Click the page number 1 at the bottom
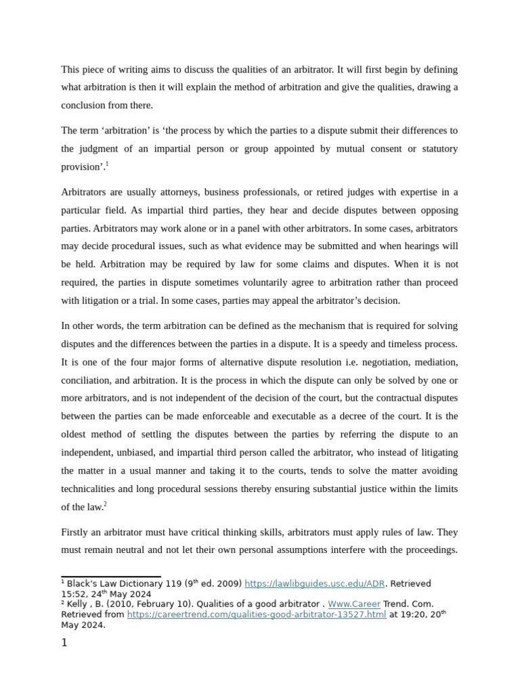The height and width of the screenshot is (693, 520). point(64,643)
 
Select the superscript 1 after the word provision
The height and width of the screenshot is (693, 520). point(107,164)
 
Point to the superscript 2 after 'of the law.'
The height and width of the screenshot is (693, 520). point(105,504)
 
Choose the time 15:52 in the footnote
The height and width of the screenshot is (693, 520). point(74,594)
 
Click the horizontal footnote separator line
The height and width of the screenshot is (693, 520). point(111,577)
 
